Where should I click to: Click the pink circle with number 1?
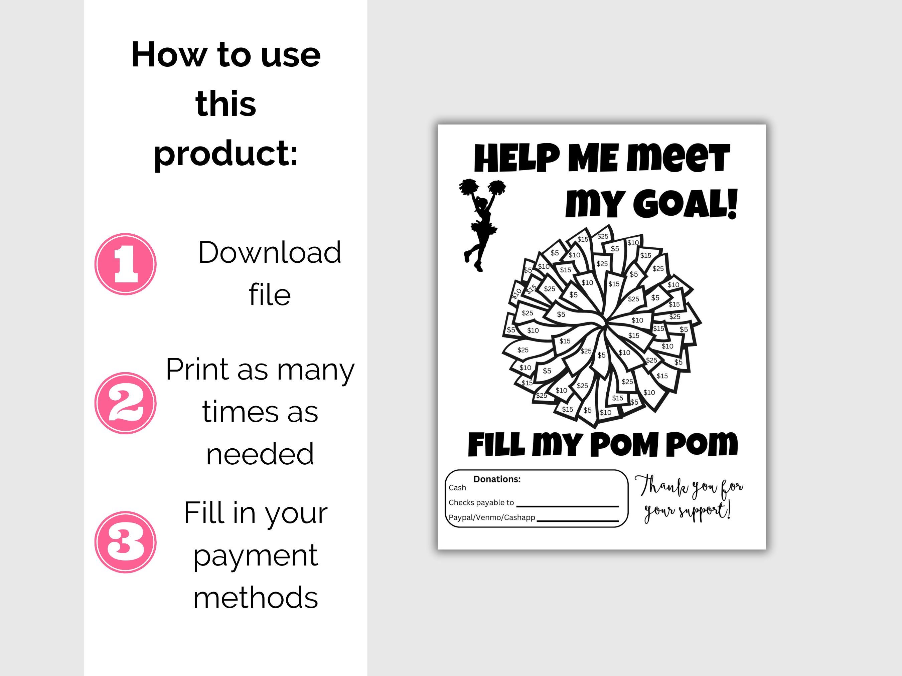coord(125,264)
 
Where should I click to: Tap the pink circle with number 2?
coord(125,403)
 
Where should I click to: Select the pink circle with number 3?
coord(125,542)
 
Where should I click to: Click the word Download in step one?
coord(270,253)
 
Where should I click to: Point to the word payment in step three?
coord(256,556)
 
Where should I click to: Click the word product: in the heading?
coord(225,154)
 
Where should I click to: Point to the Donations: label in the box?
coord(497,479)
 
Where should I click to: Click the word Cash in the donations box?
coord(457,488)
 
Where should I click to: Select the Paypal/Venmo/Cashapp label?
coord(492,517)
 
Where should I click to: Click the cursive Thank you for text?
coord(689,487)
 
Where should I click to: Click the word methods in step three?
coord(256,597)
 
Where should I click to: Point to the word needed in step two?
coord(260,454)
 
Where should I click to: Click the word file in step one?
coord(270,295)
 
